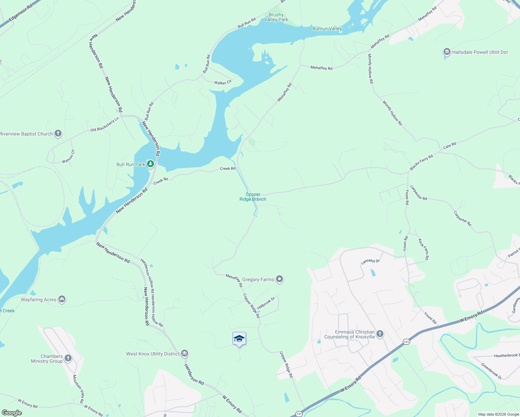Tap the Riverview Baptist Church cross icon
click(x=58, y=133)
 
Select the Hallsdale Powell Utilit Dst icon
click(x=447, y=52)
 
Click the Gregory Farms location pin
click(x=279, y=279)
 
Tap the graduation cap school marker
click(x=239, y=338)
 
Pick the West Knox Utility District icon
click(x=185, y=353)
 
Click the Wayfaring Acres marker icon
click(x=62, y=299)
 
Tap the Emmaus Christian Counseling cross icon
click(x=380, y=334)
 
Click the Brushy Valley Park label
click(x=276, y=17)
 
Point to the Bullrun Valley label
click(x=327, y=28)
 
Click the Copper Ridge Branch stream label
click(x=253, y=197)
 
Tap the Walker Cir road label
click(x=223, y=83)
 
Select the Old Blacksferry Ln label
click(x=105, y=124)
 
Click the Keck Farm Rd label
click(x=423, y=249)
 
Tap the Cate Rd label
click(x=449, y=146)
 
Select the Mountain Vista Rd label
click(x=78, y=389)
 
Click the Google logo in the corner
click(x=11, y=413)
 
